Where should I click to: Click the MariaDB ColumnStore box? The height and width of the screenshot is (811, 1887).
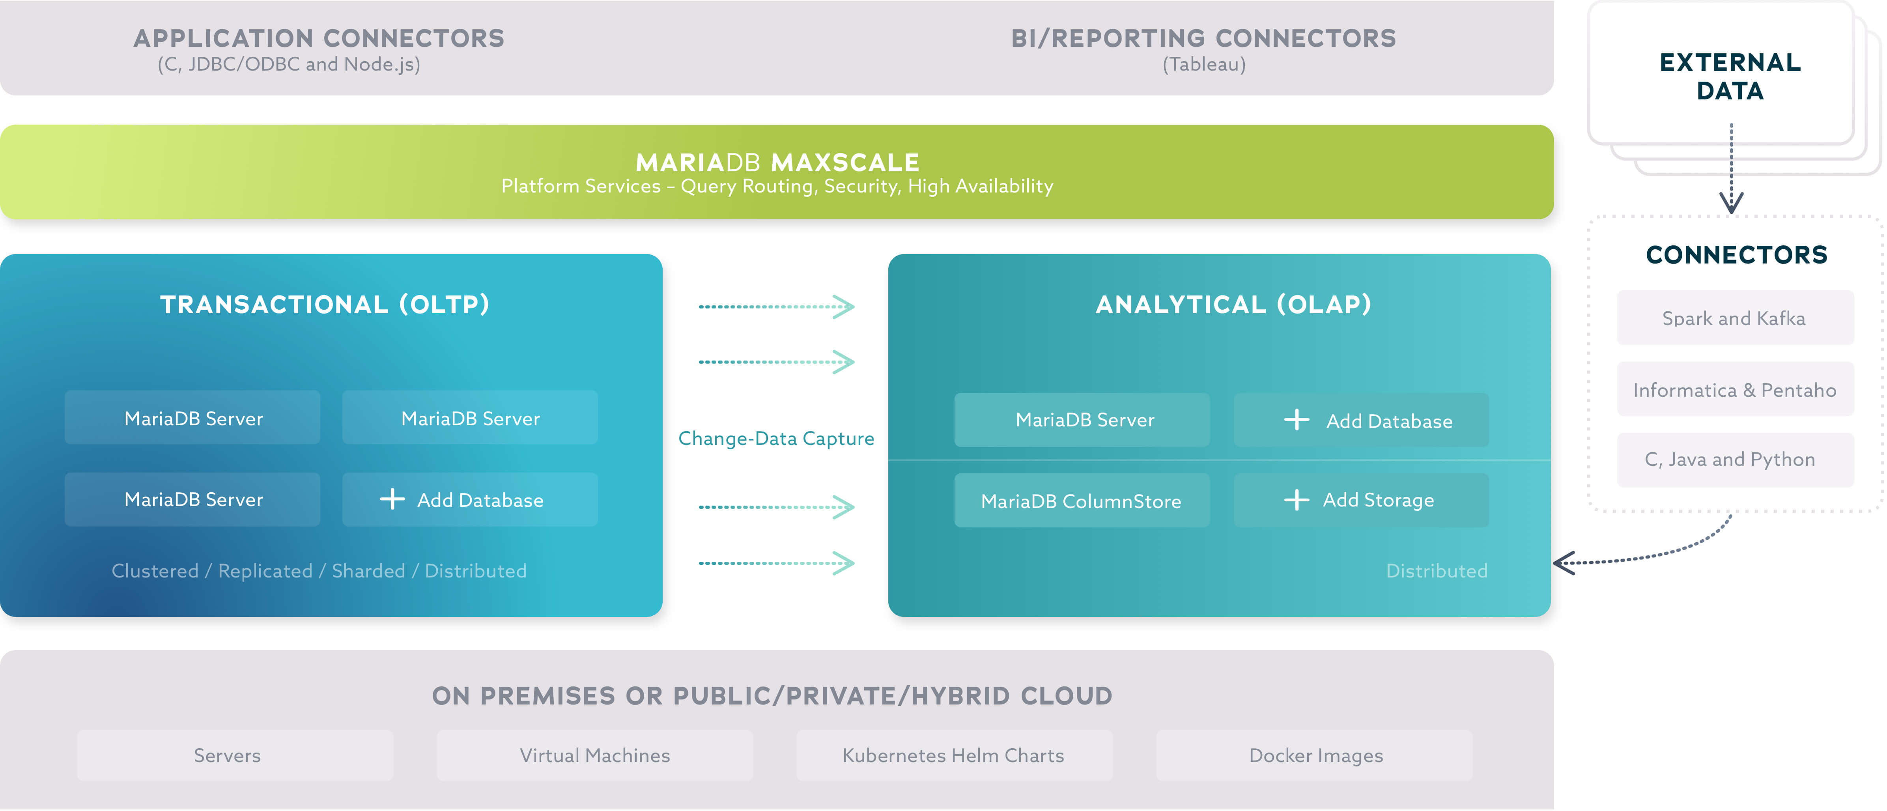pyautogui.click(x=1081, y=501)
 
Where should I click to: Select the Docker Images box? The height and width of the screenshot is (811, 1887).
pyautogui.click(x=1315, y=755)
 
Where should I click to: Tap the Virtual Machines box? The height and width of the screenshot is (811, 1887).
pyautogui.click(x=595, y=755)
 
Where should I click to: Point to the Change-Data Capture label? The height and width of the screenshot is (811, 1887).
pyautogui.click(x=776, y=438)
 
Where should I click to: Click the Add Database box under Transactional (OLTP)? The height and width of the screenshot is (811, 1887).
pyautogui.click(x=469, y=500)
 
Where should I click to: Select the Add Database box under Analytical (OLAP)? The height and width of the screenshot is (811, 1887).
pyautogui.click(x=1361, y=420)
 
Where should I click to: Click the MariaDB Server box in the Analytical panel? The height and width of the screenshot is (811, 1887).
pyautogui.click(x=1081, y=420)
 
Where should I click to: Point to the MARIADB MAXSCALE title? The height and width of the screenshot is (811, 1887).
pyautogui.click(x=777, y=162)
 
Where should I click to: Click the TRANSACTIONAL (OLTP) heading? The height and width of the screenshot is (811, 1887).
pyautogui.click(x=325, y=304)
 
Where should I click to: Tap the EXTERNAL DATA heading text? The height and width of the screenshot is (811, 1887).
pyautogui.click(x=1730, y=76)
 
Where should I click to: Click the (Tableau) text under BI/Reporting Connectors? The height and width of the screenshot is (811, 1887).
pyautogui.click(x=1203, y=64)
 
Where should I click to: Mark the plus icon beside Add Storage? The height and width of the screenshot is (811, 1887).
pyautogui.click(x=1296, y=500)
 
